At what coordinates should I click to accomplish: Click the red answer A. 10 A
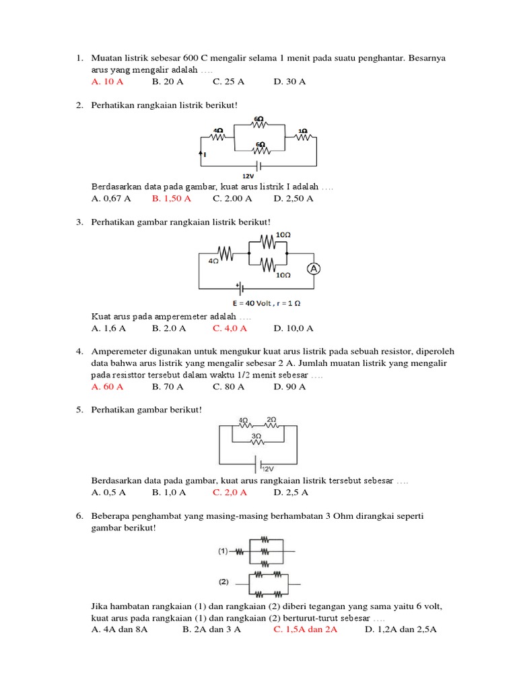click(107, 82)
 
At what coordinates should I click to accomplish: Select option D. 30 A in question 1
click(289, 82)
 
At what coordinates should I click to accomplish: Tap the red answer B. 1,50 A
click(171, 199)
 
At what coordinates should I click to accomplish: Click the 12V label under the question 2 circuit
click(258, 176)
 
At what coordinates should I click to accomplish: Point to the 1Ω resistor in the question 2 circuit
click(303, 137)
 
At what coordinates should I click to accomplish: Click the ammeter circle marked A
click(313, 269)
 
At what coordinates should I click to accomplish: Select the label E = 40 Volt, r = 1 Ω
click(262, 303)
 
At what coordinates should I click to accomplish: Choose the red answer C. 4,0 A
click(230, 328)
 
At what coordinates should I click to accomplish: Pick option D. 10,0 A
click(294, 328)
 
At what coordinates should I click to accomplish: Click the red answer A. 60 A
click(107, 387)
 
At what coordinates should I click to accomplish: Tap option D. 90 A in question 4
click(289, 387)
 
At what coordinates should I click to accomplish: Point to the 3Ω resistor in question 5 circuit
click(256, 441)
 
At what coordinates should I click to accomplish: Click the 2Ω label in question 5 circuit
click(271, 419)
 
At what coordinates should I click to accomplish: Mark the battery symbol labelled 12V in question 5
click(256, 464)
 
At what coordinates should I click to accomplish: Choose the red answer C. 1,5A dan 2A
click(306, 629)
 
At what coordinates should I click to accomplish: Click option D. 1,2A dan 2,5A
click(401, 629)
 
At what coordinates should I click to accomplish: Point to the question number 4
click(79, 352)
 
